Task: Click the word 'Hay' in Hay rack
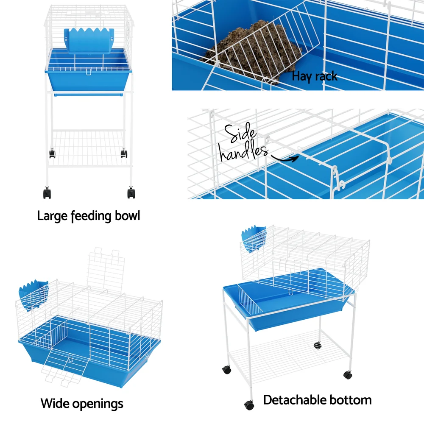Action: (301, 77)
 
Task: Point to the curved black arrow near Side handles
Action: (285, 159)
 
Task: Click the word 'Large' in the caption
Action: (52, 216)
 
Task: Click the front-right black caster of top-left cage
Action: (131, 193)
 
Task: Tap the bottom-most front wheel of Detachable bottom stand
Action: (248, 404)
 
